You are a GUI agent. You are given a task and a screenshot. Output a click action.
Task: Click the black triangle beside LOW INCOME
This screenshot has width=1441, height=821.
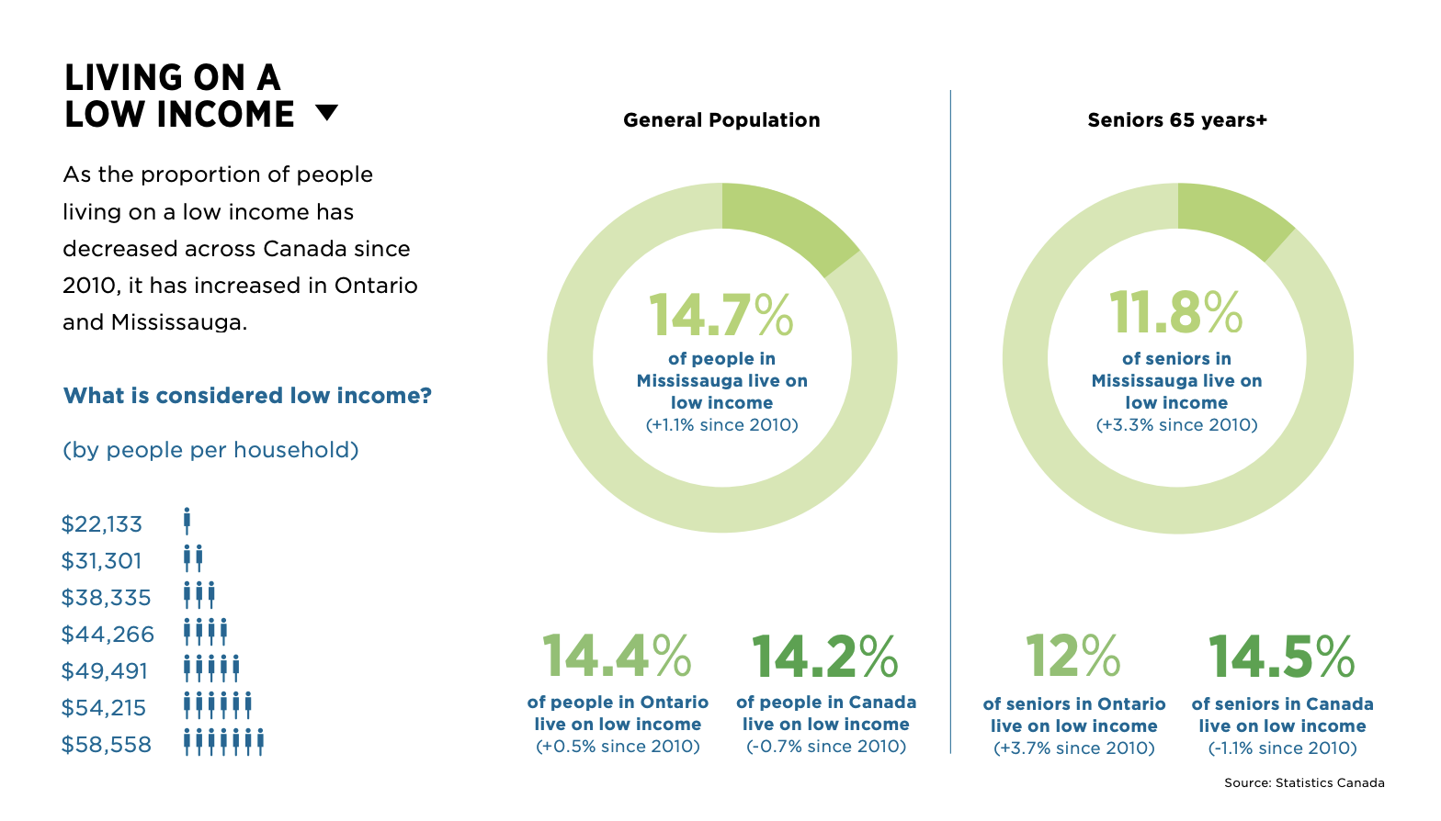point(326,112)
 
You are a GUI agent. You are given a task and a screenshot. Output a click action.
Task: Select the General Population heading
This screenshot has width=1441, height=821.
point(721,120)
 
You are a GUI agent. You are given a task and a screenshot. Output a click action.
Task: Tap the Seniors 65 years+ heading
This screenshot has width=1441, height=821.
point(1176,120)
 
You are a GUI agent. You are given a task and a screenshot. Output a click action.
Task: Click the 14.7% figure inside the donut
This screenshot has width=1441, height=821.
point(720,315)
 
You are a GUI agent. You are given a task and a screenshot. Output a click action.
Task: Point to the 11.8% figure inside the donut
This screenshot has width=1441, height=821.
point(1175,312)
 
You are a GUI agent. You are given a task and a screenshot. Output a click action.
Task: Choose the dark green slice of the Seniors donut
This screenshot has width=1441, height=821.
point(1231,217)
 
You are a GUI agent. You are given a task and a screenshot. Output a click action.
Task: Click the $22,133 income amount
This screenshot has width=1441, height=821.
point(102,524)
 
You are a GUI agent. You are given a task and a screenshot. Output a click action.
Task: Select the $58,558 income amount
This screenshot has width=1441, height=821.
point(107,745)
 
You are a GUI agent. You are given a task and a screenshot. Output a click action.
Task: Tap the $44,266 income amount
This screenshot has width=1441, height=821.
point(108,635)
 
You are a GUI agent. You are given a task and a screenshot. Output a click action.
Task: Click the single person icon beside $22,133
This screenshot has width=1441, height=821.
point(187,521)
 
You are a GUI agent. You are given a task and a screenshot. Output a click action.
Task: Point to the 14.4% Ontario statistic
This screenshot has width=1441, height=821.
point(617,657)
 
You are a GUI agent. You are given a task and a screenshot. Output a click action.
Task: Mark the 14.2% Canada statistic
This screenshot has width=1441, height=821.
point(824,657)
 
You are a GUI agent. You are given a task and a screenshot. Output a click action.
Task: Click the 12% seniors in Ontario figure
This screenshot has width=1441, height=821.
point(1072,657)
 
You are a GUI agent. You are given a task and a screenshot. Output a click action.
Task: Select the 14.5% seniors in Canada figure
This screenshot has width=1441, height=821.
point(1281,657)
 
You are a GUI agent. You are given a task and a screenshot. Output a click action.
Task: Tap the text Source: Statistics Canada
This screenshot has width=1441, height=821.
point(1303,783)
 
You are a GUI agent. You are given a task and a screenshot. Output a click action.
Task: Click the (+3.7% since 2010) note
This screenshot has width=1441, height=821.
point(1073,748)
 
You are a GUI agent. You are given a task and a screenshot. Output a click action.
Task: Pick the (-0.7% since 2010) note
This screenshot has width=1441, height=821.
point(825,747)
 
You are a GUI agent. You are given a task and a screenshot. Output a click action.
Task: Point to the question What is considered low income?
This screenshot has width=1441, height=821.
point(247,396)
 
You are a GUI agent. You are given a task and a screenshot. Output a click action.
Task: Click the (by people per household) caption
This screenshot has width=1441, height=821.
point(210,450)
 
